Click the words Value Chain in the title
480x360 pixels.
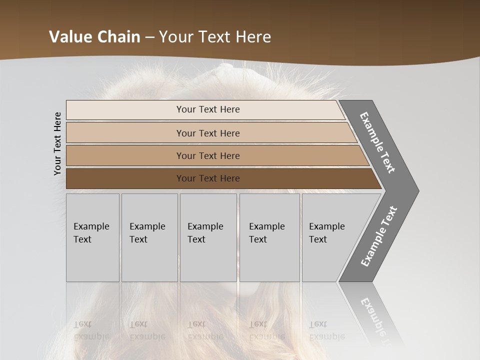(94, 37)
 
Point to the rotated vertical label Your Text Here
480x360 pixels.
(57, 143)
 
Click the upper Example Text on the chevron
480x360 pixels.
(377, 142)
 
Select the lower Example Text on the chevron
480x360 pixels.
(379, 236)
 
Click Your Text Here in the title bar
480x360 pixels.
(215, 37)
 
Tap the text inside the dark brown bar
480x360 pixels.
(208, 178)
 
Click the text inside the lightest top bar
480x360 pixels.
(208, 109)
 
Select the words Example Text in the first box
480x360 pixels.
(91, 233)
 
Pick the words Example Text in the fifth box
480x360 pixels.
(326, 233)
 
